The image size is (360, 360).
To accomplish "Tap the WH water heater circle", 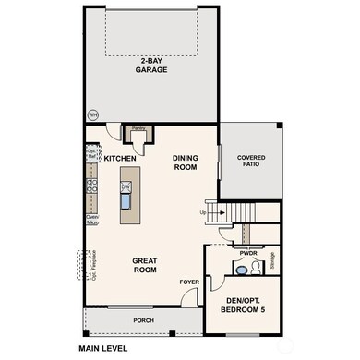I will [91, 115].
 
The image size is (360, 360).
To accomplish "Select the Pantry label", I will [138, 130].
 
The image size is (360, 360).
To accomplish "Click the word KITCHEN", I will [120, 159].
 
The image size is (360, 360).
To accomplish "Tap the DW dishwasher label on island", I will [126, 186].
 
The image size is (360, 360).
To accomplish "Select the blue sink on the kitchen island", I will [126, 198].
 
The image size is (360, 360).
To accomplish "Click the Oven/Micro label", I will [92, 219].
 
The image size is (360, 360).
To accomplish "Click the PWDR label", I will [247, 253].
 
